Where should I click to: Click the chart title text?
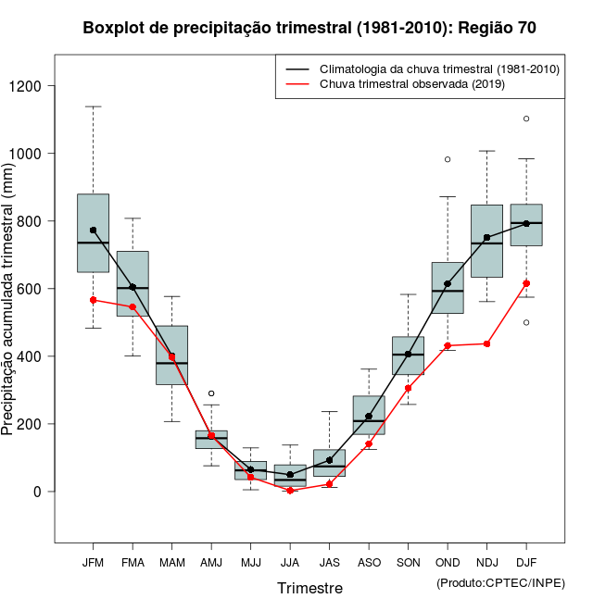click(309, 28)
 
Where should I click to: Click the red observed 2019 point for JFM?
click(93, 300)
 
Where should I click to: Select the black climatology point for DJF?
click(526, 223)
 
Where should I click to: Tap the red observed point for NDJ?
click(486, 343)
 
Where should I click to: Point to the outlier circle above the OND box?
click(448, 159)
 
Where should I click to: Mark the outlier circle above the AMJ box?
click(211, 393)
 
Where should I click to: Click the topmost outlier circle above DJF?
click(526, 118)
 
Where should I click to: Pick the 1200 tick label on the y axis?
click(30, 86)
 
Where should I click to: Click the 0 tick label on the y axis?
click(37, 492)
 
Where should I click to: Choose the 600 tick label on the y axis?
click(32, 289)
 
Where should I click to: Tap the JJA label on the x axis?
click(290, 562)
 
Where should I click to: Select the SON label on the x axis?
click(408, 562)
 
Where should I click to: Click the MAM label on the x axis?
click(171, 562)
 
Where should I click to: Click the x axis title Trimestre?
click(309, 588)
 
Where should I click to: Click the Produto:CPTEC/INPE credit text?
click(500, 582)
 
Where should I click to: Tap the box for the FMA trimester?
click(132, 283)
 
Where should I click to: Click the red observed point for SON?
click(408, 388)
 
